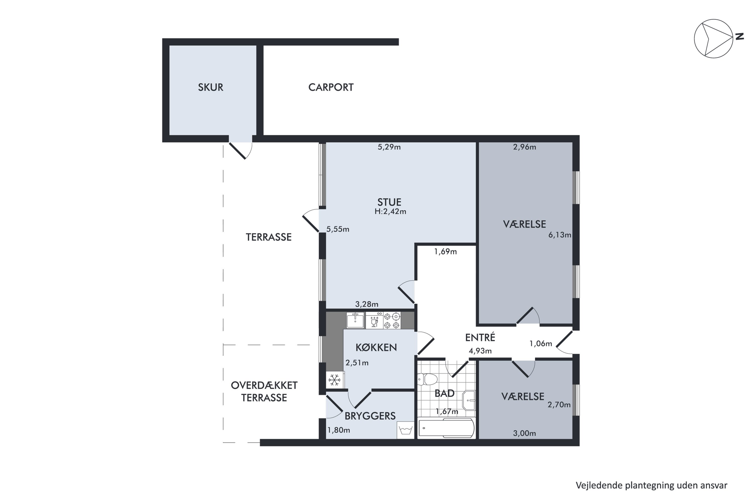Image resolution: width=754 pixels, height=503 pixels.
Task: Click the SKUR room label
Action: coord(210,87)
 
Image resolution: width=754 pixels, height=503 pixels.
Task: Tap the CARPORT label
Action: coord(331,87)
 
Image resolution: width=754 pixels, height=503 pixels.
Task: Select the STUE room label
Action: coord(389,202)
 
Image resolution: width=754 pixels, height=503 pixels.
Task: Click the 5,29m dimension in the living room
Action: coord(389,147)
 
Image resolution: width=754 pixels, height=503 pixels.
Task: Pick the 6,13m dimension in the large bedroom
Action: coord(560,235)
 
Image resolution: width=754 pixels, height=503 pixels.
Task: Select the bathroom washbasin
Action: coord(469,400)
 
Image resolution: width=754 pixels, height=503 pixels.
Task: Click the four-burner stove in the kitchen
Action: coord(392,320)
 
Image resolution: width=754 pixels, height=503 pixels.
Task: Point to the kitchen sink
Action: coord(355,320)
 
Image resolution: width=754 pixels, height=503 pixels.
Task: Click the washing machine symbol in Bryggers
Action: coord(406,430)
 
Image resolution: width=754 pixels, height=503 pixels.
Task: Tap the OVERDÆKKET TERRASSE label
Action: coord(264,391)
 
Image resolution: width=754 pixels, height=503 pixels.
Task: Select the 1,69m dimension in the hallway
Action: coord(445,251)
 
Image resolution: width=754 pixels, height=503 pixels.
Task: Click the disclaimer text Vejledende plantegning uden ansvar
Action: coord(652,485)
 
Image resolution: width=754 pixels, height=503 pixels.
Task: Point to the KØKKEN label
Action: coord(376,347)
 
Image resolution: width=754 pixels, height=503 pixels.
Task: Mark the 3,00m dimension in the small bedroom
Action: coord(525,433)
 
